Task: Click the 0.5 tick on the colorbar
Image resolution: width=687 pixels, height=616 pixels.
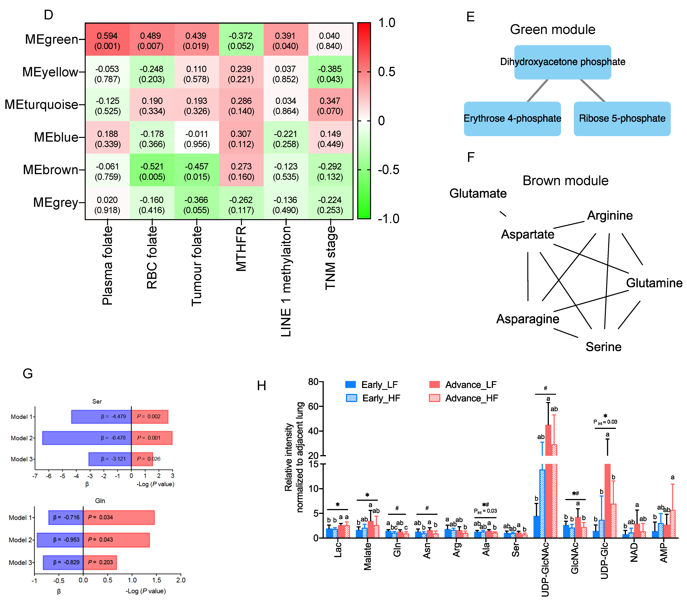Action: [386, 72]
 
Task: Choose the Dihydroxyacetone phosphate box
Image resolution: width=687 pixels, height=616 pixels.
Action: [562, 62]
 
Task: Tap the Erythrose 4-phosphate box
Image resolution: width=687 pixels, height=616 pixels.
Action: [512, 118]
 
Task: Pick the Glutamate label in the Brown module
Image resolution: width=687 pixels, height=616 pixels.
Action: [478, 193]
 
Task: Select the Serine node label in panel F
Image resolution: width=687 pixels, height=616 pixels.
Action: [603, 347]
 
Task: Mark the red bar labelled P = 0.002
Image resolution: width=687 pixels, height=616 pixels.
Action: [149, 416]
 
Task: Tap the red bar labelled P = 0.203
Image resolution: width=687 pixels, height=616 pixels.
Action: [100, 562]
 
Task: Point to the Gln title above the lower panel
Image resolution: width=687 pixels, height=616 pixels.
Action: [100, 501]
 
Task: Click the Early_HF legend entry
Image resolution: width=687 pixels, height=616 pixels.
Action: [373, 398]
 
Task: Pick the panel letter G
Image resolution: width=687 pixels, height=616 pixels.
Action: [28, 374]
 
